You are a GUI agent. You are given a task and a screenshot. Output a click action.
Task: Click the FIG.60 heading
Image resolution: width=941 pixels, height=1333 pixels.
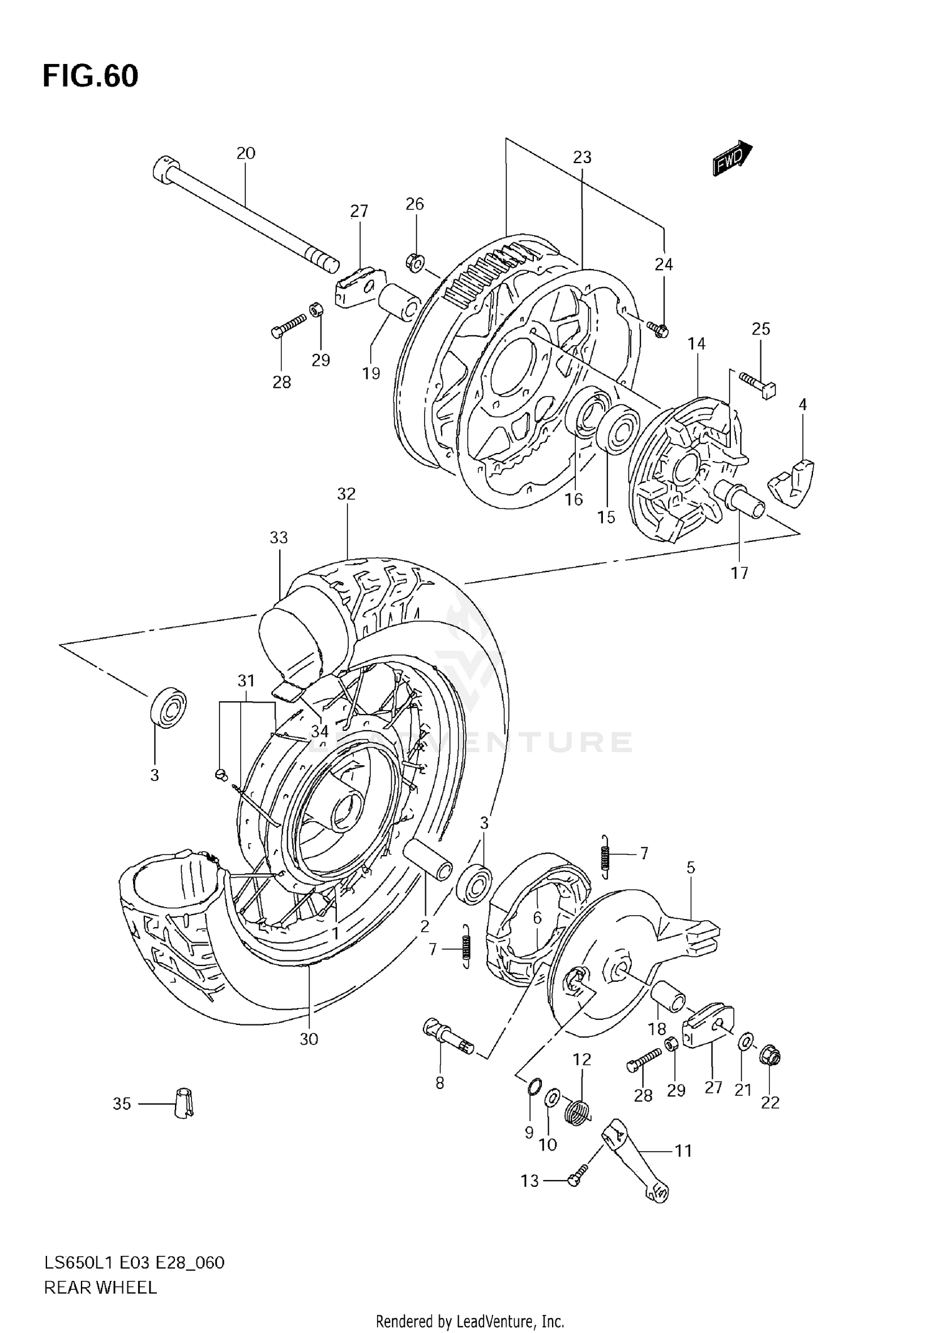(90, 77)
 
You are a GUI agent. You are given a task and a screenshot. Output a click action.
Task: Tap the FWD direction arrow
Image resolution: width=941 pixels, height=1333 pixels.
(732, 158)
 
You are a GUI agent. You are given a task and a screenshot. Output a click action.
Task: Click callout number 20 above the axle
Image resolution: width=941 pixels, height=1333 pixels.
(246, 153)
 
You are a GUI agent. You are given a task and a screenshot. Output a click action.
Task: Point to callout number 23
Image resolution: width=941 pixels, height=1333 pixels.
(582, 157)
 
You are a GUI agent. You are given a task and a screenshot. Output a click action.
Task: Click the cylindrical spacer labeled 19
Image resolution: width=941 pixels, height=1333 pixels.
(399, 302)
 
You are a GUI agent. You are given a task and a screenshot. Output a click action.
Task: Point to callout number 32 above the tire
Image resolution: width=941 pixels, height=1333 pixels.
(346, 494)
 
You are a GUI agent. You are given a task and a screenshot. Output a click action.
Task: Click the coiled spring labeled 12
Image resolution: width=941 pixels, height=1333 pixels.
(578, 1113)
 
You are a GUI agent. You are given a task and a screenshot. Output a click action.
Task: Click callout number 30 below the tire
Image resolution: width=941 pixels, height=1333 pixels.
(309, 1039)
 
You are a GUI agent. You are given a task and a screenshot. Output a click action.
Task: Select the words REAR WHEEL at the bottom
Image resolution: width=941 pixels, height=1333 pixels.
(100, 1283)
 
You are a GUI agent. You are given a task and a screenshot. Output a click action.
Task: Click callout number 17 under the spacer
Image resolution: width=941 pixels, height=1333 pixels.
(740, 572)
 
